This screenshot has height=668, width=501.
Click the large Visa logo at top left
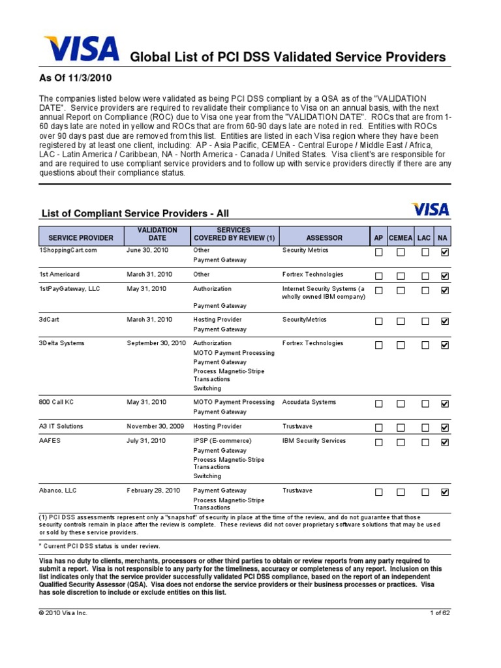pos(81,50)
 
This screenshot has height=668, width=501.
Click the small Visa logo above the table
pos(430,209)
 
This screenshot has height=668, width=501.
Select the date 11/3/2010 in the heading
pos(91,78)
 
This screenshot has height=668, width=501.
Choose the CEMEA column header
pos(401,238)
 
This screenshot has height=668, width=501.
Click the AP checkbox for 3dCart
pos(379,321)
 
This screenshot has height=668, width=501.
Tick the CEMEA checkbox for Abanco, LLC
pos(401,492)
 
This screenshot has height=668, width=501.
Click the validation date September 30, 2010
pos(156,343)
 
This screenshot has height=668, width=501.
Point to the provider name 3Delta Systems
pos(61,343)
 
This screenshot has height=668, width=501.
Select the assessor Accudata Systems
pos(309,402)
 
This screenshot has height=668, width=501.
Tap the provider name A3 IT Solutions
pos(61,427)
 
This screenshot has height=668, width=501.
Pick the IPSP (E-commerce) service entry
pos(222,441)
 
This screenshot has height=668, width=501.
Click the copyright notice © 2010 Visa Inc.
pos(63,613)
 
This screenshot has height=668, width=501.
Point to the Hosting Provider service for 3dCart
pos(217,320)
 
